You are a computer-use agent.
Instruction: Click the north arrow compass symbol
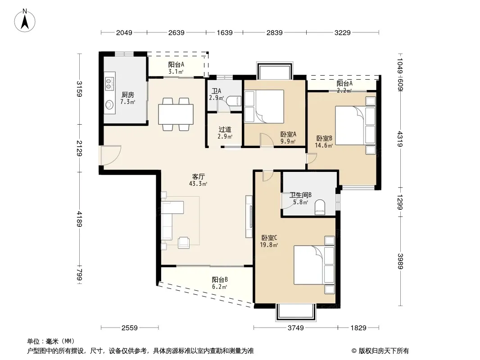[25, 21]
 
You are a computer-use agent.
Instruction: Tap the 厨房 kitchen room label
[127, 95]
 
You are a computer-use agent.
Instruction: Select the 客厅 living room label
[199, 176]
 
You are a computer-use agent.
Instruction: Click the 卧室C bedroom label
[269, 238]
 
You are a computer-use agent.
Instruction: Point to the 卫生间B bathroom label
[301, 195]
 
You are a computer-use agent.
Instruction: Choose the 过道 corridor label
[225, 130]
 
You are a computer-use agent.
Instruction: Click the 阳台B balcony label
[220, 279]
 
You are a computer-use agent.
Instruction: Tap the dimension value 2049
[124, 32]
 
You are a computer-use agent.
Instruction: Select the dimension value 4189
[79, 219]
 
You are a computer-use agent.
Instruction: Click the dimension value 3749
[296, 328]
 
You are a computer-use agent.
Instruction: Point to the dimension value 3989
[400, 261]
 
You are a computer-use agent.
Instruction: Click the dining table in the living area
[176, 114]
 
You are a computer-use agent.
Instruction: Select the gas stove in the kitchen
[109, 83]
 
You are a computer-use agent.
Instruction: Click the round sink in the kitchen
[109, 105]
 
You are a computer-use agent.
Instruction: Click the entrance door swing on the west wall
[111, 156]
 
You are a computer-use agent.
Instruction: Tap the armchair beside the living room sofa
[184, 242]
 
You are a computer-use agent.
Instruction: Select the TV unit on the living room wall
[249, 217]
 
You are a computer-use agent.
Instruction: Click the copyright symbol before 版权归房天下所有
[354, 351]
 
